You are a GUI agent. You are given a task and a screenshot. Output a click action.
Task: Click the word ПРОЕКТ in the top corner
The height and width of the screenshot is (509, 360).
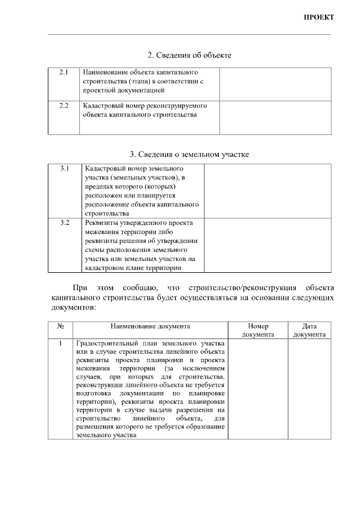[319, 17]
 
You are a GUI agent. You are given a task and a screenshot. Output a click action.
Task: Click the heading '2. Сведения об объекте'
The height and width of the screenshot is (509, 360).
[189, 55]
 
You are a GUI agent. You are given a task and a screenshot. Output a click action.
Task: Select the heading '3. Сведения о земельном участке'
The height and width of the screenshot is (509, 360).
[189, 154]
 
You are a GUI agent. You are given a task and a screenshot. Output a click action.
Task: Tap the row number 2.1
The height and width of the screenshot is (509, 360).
[64, 73]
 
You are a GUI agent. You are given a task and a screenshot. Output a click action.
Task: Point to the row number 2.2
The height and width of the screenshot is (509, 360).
[64, 105]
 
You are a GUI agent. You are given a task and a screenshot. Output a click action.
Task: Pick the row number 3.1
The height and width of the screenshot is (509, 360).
[64, 168]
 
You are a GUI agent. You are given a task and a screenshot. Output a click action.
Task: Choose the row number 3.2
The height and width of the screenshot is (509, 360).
[64, 222]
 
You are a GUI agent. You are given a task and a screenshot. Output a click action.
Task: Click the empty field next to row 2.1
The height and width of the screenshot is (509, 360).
[274, 84]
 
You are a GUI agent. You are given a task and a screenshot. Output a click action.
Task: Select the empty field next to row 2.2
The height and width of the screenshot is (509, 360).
[274, 118]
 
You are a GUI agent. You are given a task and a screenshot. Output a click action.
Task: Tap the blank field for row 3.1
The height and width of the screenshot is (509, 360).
[267, 191]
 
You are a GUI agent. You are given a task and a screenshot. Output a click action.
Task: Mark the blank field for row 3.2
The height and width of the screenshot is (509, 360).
[267, 245]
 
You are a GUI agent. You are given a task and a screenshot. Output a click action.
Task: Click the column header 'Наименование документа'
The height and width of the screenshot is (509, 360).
[150, 326]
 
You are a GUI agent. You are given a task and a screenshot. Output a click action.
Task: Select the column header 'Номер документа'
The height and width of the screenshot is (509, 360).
[258, 330]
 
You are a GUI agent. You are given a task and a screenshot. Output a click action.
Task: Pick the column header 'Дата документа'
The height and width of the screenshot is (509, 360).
[309, 330]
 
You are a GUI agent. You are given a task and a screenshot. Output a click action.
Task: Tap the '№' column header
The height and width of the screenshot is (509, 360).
[60, 326]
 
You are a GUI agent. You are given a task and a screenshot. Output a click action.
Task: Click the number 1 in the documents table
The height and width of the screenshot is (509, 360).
[60, 343]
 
